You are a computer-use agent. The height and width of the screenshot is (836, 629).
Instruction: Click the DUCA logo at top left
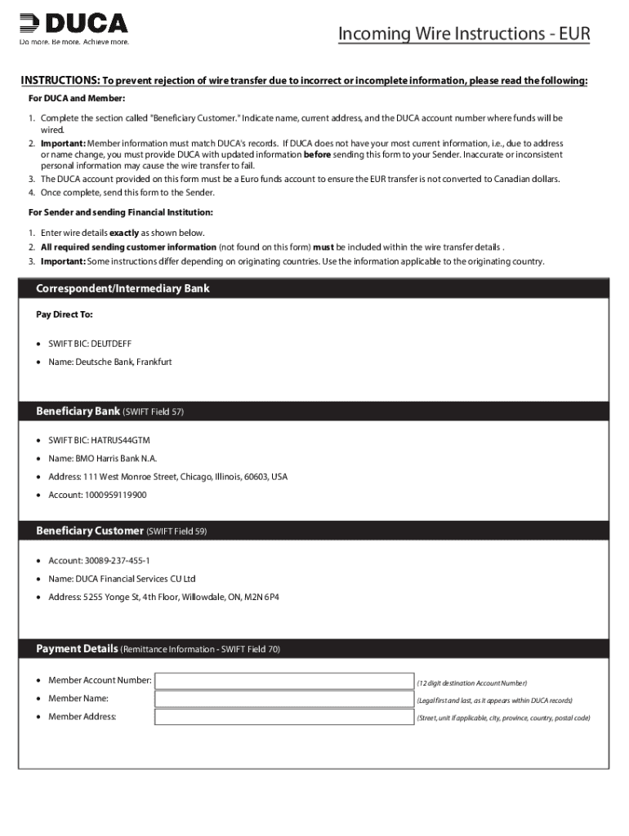tap(74, 23)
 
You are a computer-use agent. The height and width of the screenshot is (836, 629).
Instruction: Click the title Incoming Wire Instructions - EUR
tap(463, 33)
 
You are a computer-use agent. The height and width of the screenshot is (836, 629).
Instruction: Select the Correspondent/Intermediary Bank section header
tap(123, 289)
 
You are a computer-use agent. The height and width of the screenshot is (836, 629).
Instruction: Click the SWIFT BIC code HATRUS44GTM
tap(123, 440)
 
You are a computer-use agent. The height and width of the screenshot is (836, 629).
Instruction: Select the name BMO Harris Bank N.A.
tap(116, 458)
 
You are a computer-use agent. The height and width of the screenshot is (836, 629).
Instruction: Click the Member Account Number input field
tap(284, 681)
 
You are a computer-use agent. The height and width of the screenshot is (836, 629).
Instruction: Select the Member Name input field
tap(284, 699)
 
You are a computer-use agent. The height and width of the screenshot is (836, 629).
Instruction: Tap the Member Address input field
tap(284, 718)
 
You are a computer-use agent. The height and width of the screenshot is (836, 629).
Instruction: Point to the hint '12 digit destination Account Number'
tap(471, 683)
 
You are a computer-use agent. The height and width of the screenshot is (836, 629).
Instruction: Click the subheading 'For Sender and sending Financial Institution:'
tap(120, 212)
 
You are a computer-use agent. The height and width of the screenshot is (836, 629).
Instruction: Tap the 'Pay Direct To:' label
tap(65, 314)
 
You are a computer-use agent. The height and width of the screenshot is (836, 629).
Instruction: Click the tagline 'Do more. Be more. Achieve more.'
tap(74, 42)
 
